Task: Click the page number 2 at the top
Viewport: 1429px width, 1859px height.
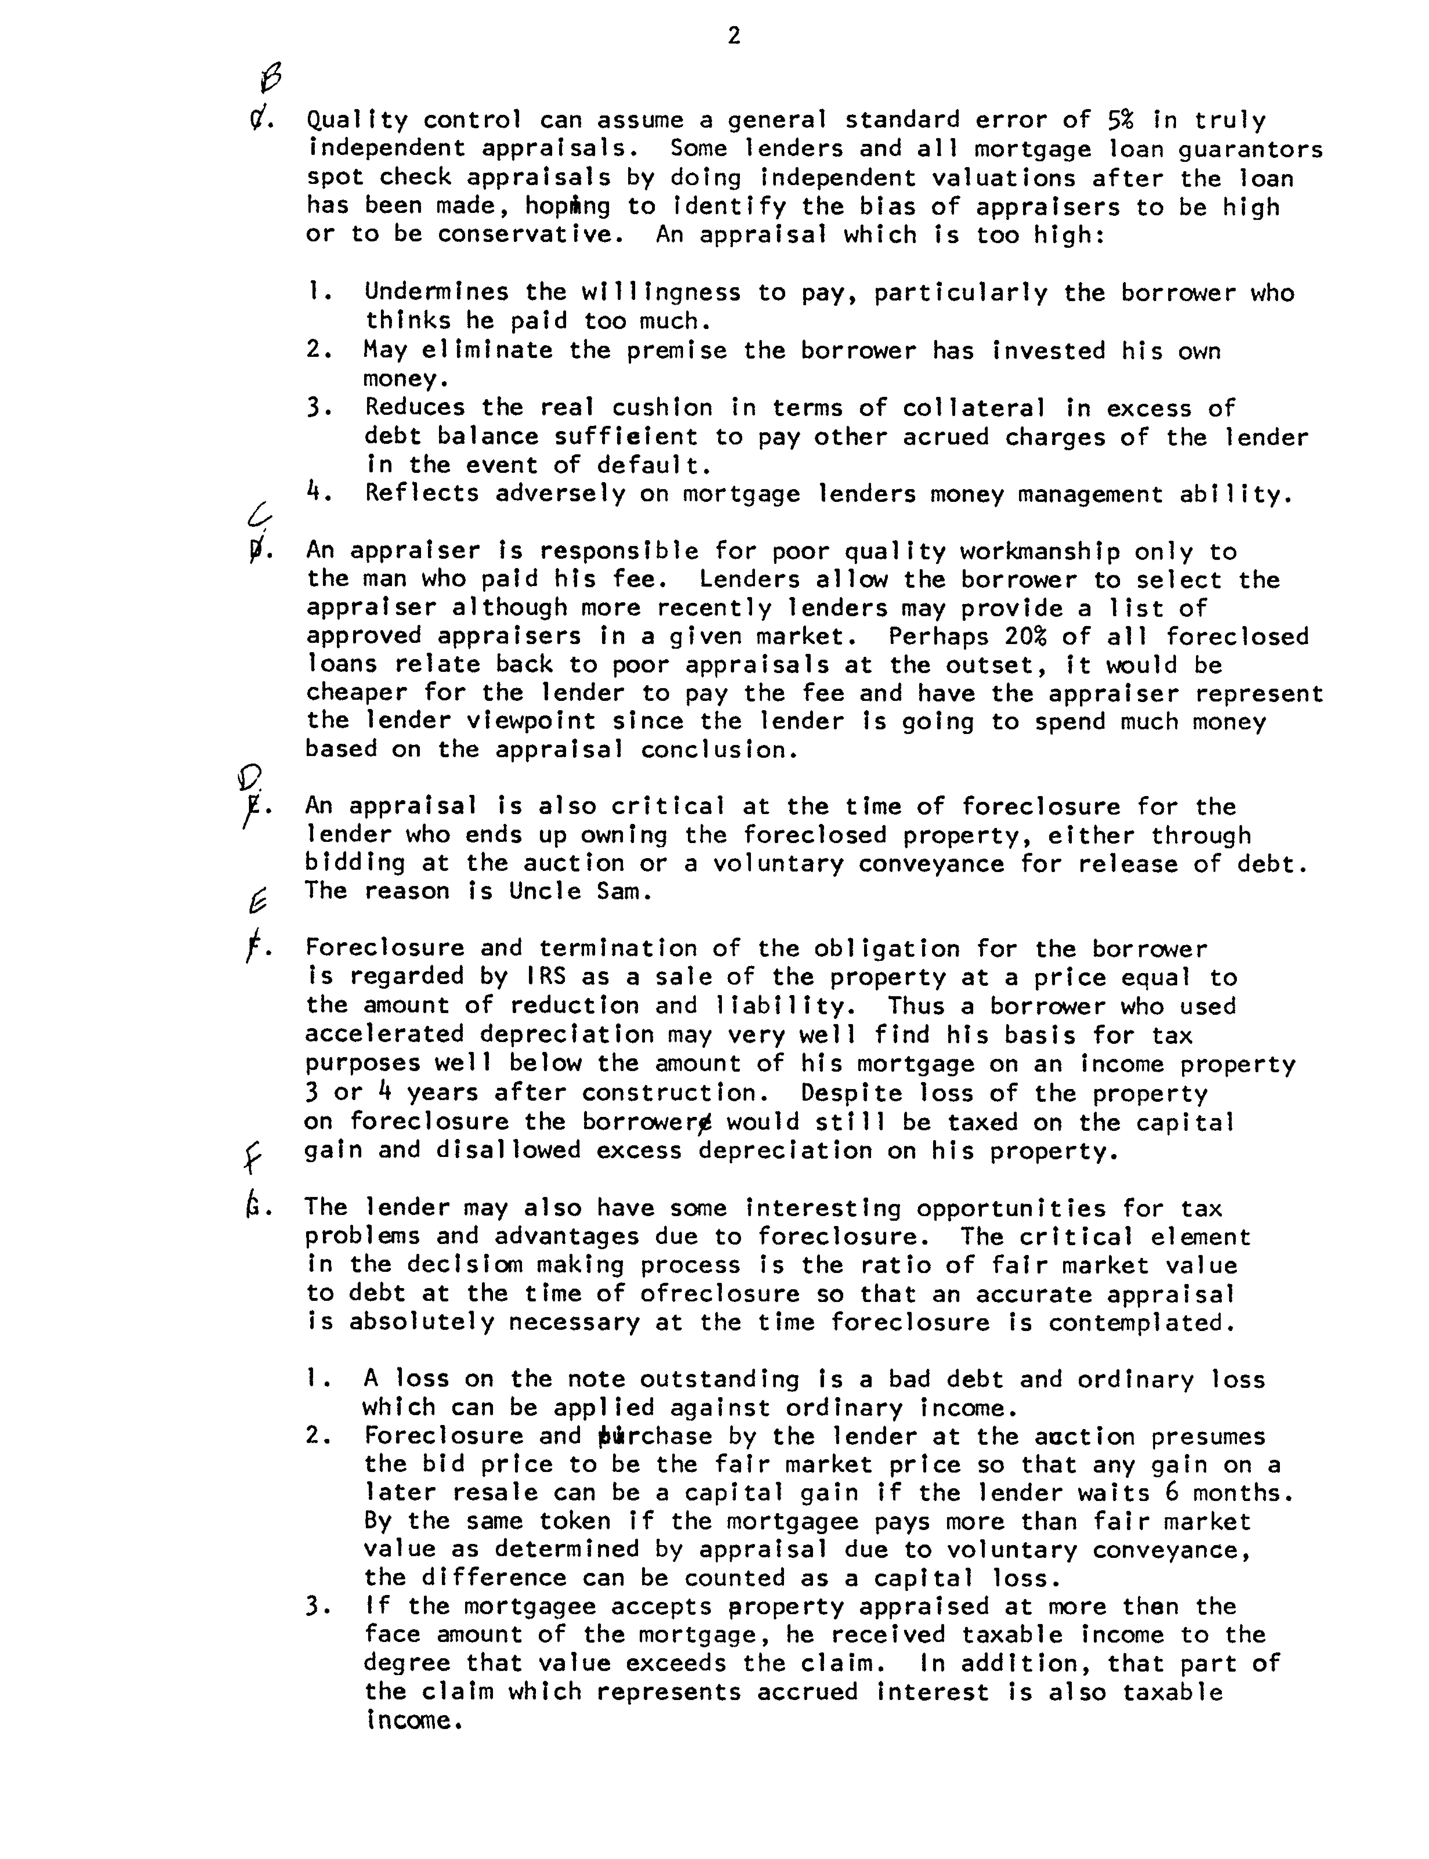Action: coord(734,36)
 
